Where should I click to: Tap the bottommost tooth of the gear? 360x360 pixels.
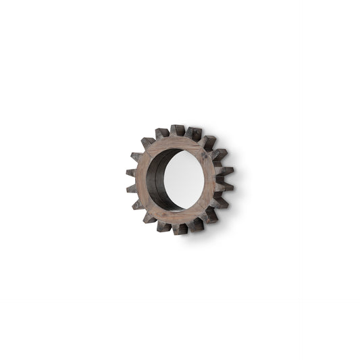[x=180, y=229]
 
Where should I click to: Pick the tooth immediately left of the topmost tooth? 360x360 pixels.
[x=162, y=133]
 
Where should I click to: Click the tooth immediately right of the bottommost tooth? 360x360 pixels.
[x=196, y=224]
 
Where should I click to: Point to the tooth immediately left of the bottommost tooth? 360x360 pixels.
[x=164, y=226]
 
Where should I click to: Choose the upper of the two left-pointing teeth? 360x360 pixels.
[x=131, y=173]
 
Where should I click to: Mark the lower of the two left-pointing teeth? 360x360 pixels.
[x=132, y=188]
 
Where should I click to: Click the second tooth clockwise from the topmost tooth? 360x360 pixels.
[x=209, y=143]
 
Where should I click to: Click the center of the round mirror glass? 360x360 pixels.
[x=183, y=180]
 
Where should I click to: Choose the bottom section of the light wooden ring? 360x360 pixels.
[x=179, y=216]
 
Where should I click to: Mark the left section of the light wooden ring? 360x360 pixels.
[x=142, y=180]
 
